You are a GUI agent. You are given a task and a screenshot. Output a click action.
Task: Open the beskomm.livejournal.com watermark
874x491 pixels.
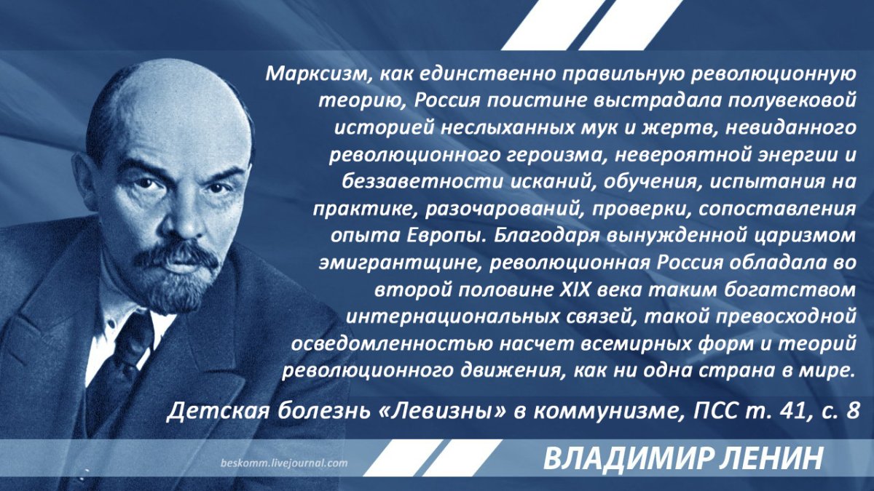[284, 463]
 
